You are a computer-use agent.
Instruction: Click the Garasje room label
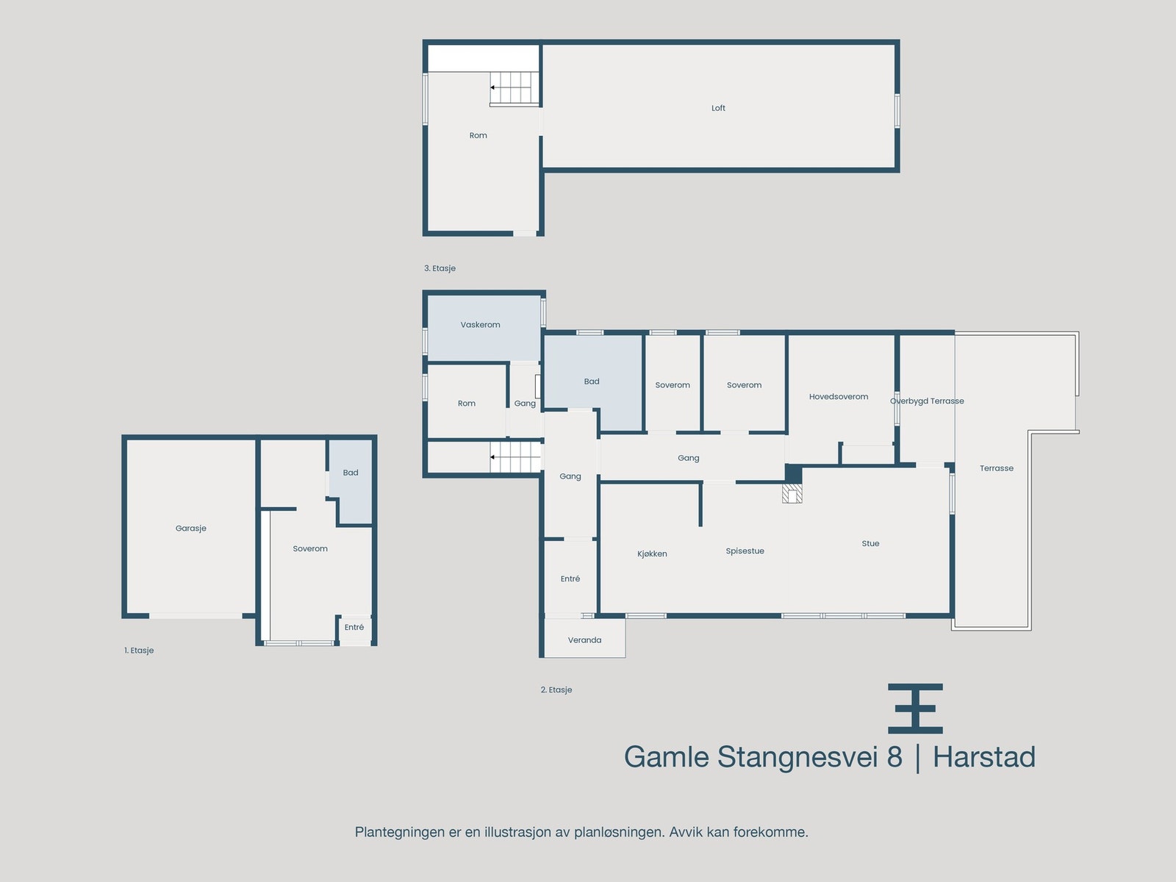(x=191, y=528)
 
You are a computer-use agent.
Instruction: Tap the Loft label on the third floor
(x=718, y=108)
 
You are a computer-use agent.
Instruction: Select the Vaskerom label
(x=480, y=325)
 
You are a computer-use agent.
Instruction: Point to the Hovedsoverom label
(x=839, y=397)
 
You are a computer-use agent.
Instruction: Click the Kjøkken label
(x=652, y=554)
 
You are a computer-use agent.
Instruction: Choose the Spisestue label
(x=745, y=551)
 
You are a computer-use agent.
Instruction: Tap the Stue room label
(x=870, y=544)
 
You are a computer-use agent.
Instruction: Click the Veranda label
(x=584, y=640)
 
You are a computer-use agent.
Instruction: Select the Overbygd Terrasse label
(x=927, y=401)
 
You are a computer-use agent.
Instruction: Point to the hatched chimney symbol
(x=792, y=493)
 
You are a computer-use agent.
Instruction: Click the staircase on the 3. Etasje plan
(x=514, y=87)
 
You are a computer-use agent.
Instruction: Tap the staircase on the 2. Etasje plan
(x=516, y=457)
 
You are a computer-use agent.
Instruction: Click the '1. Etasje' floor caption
(x=139, y=650)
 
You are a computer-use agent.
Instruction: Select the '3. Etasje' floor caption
(x=440, y=268)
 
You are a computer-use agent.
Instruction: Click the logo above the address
(x=915, y=709)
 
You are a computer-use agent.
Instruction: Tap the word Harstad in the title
(x=983, y=757)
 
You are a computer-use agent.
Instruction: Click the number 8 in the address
(x=894, y=757)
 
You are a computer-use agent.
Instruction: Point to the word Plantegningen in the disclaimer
(x=400, y=832)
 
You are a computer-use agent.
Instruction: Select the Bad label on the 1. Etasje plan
(x=351, y=473)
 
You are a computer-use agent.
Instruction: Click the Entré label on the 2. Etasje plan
(x=570, y=579)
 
